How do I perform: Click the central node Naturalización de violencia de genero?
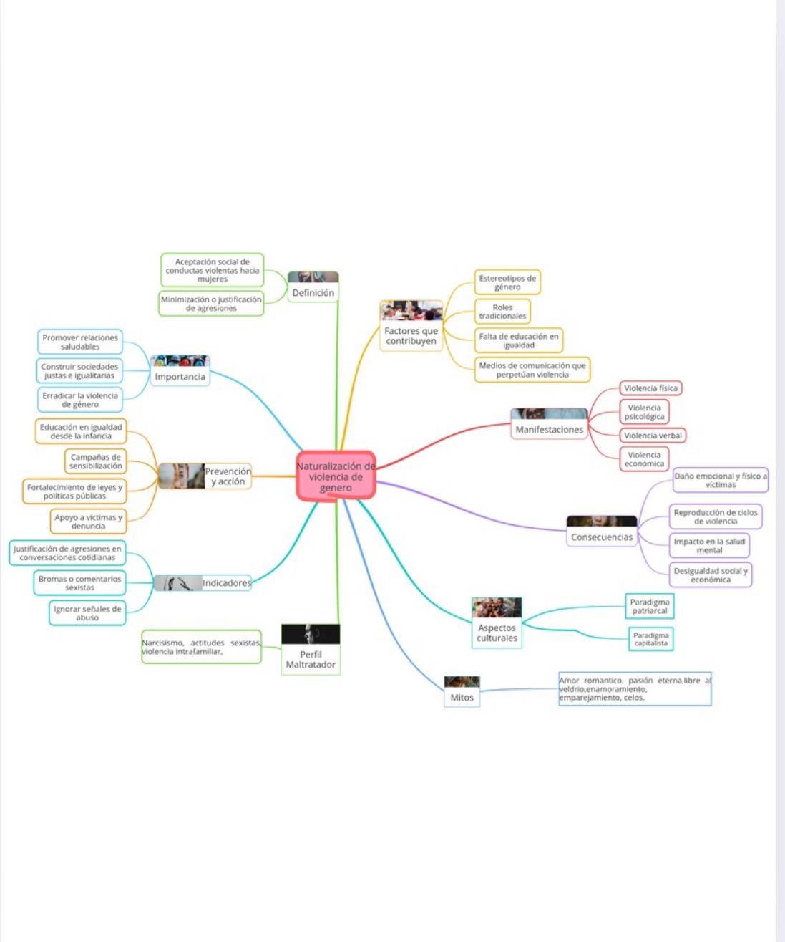click(336, 476)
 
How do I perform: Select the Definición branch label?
click(313, 293)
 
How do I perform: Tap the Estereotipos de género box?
click(507, 282)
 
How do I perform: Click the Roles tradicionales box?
click(502, 312)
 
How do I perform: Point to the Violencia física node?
click(650, 388)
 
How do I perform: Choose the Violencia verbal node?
click(653, 436)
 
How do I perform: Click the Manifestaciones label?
click(549, 430)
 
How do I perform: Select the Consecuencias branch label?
click(601, 537)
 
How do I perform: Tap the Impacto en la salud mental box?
click(709, 546)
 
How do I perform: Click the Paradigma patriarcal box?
click(649, 607)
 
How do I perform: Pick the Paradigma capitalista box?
click(650, 639)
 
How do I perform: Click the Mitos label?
click(462, 698)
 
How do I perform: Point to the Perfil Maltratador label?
click(311, 660)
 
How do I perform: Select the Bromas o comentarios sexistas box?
click(79, 583)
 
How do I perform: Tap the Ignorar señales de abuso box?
click(87, 613)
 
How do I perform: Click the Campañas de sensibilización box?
click(95, 461)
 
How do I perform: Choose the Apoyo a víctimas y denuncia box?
click(88, 522)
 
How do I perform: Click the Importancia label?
click(180, 377)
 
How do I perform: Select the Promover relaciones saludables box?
click(80, 342)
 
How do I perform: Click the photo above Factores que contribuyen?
click(411, 311)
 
